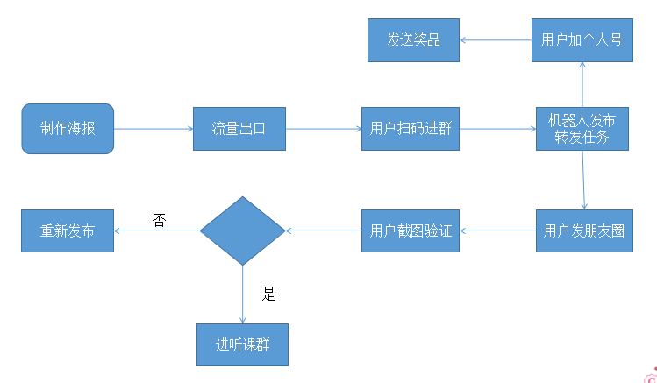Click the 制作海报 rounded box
(68, 129)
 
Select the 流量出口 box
(239, 129)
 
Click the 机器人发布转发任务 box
(582, 129)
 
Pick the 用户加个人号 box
(582, 40)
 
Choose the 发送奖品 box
(413, 40)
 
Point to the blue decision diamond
(242, 231)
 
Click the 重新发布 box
(68, 231)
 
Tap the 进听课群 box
(242, 344)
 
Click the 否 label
(159, 221)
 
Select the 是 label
(268, 294)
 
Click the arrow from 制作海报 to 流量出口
(154, 129)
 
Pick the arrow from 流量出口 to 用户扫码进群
(323, 129)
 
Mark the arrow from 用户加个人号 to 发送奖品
(496, 40)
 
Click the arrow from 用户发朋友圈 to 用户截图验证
(498, 231)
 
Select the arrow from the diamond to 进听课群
(242, 294)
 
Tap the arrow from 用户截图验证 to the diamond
(323, 231)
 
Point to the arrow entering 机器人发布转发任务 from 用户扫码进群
(497, 129)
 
